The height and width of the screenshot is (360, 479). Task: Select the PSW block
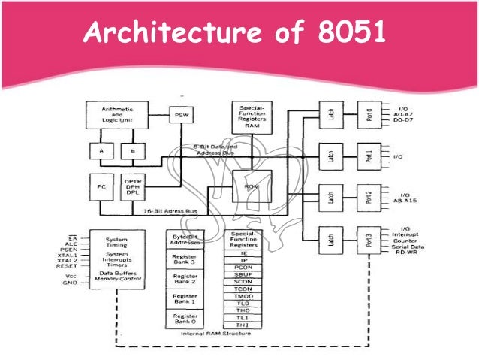point(180,116)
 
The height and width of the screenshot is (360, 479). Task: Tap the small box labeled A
point(100,151)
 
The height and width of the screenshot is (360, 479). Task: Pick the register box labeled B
point(131,151)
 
